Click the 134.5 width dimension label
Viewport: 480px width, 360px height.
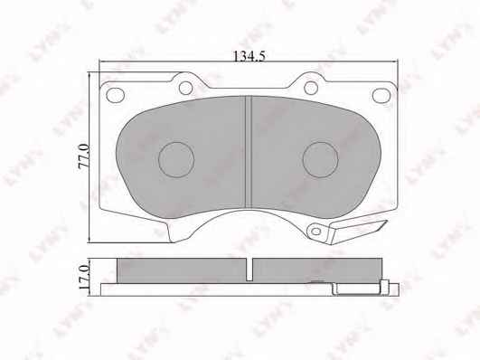(x=249, y=56)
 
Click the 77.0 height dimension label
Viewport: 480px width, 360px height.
(x=83, y=156)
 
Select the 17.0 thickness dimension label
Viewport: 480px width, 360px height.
(x=83, y=278)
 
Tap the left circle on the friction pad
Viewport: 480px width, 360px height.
(x=176, y=159)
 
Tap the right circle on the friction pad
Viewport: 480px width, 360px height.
(x=321, y=159)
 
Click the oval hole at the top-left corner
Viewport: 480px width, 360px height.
(x=116, y=95)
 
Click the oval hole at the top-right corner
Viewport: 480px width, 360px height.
(x=381, y=95)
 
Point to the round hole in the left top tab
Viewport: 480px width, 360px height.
(x=185, y=88)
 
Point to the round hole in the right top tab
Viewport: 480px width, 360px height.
(x=311, y=88)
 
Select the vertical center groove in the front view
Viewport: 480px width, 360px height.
(x=249, y=152)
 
